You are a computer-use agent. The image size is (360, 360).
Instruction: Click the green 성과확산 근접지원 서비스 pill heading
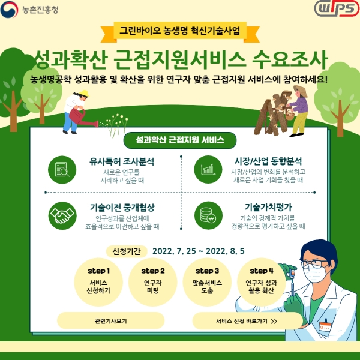pyautogui.click(x=179, y=140)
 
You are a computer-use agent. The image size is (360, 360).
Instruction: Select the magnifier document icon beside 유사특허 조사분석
pyautogui.click(x=61, y=167)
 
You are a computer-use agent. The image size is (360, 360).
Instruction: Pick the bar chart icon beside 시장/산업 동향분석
pyautogui.click(x=208, y=167)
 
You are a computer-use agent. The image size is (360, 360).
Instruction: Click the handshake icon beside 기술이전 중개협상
pyautogui.click(x=61, y=214)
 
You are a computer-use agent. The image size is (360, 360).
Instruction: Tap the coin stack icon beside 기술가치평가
pyautogui.click(x=208, y=214)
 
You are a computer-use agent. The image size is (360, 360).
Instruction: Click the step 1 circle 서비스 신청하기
pyautogui.click(x=99, y=280)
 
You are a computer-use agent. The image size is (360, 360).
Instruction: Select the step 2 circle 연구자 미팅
pyautogui.click(x=153, y=280)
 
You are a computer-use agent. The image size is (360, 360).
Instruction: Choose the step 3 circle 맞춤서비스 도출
pyautogui.click(x=207, y=280)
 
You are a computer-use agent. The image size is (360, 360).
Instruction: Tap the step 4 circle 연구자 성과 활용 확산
pyautogui.click(x=261, y=280)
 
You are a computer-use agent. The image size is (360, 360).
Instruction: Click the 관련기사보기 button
pyautogui.click(x=110, y=320)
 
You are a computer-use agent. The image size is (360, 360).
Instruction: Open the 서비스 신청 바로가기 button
pyautogui.click(x=246, y=320)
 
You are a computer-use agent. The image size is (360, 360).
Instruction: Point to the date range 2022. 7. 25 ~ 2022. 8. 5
pyautogui.click(x=198, y=250)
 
